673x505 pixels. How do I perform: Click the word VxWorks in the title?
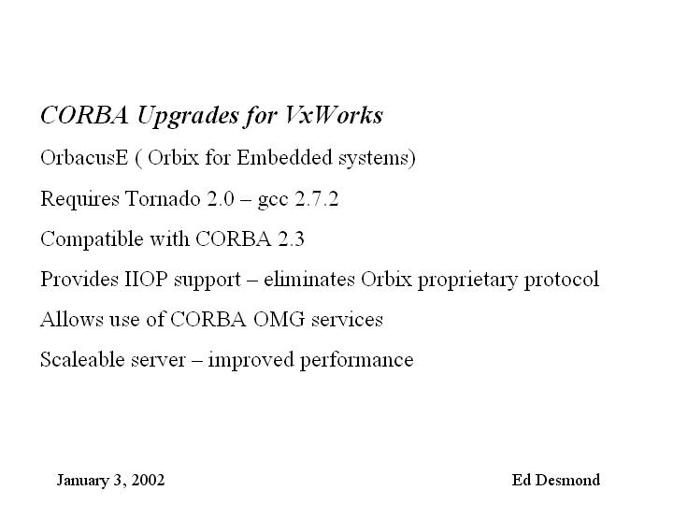point(333,115)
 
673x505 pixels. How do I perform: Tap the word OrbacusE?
point(84,158)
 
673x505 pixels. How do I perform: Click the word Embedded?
point(284,157)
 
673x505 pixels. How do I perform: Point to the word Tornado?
point(163,199)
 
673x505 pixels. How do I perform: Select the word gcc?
point(273,201)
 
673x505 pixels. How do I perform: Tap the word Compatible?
point(92,239)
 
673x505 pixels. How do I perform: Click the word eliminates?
point(309,279)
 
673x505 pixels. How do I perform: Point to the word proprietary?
point(468,281)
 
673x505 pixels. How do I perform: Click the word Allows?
point(72,320)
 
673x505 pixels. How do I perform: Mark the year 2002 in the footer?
point(148,480)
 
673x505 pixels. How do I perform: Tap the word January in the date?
point(83,481)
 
